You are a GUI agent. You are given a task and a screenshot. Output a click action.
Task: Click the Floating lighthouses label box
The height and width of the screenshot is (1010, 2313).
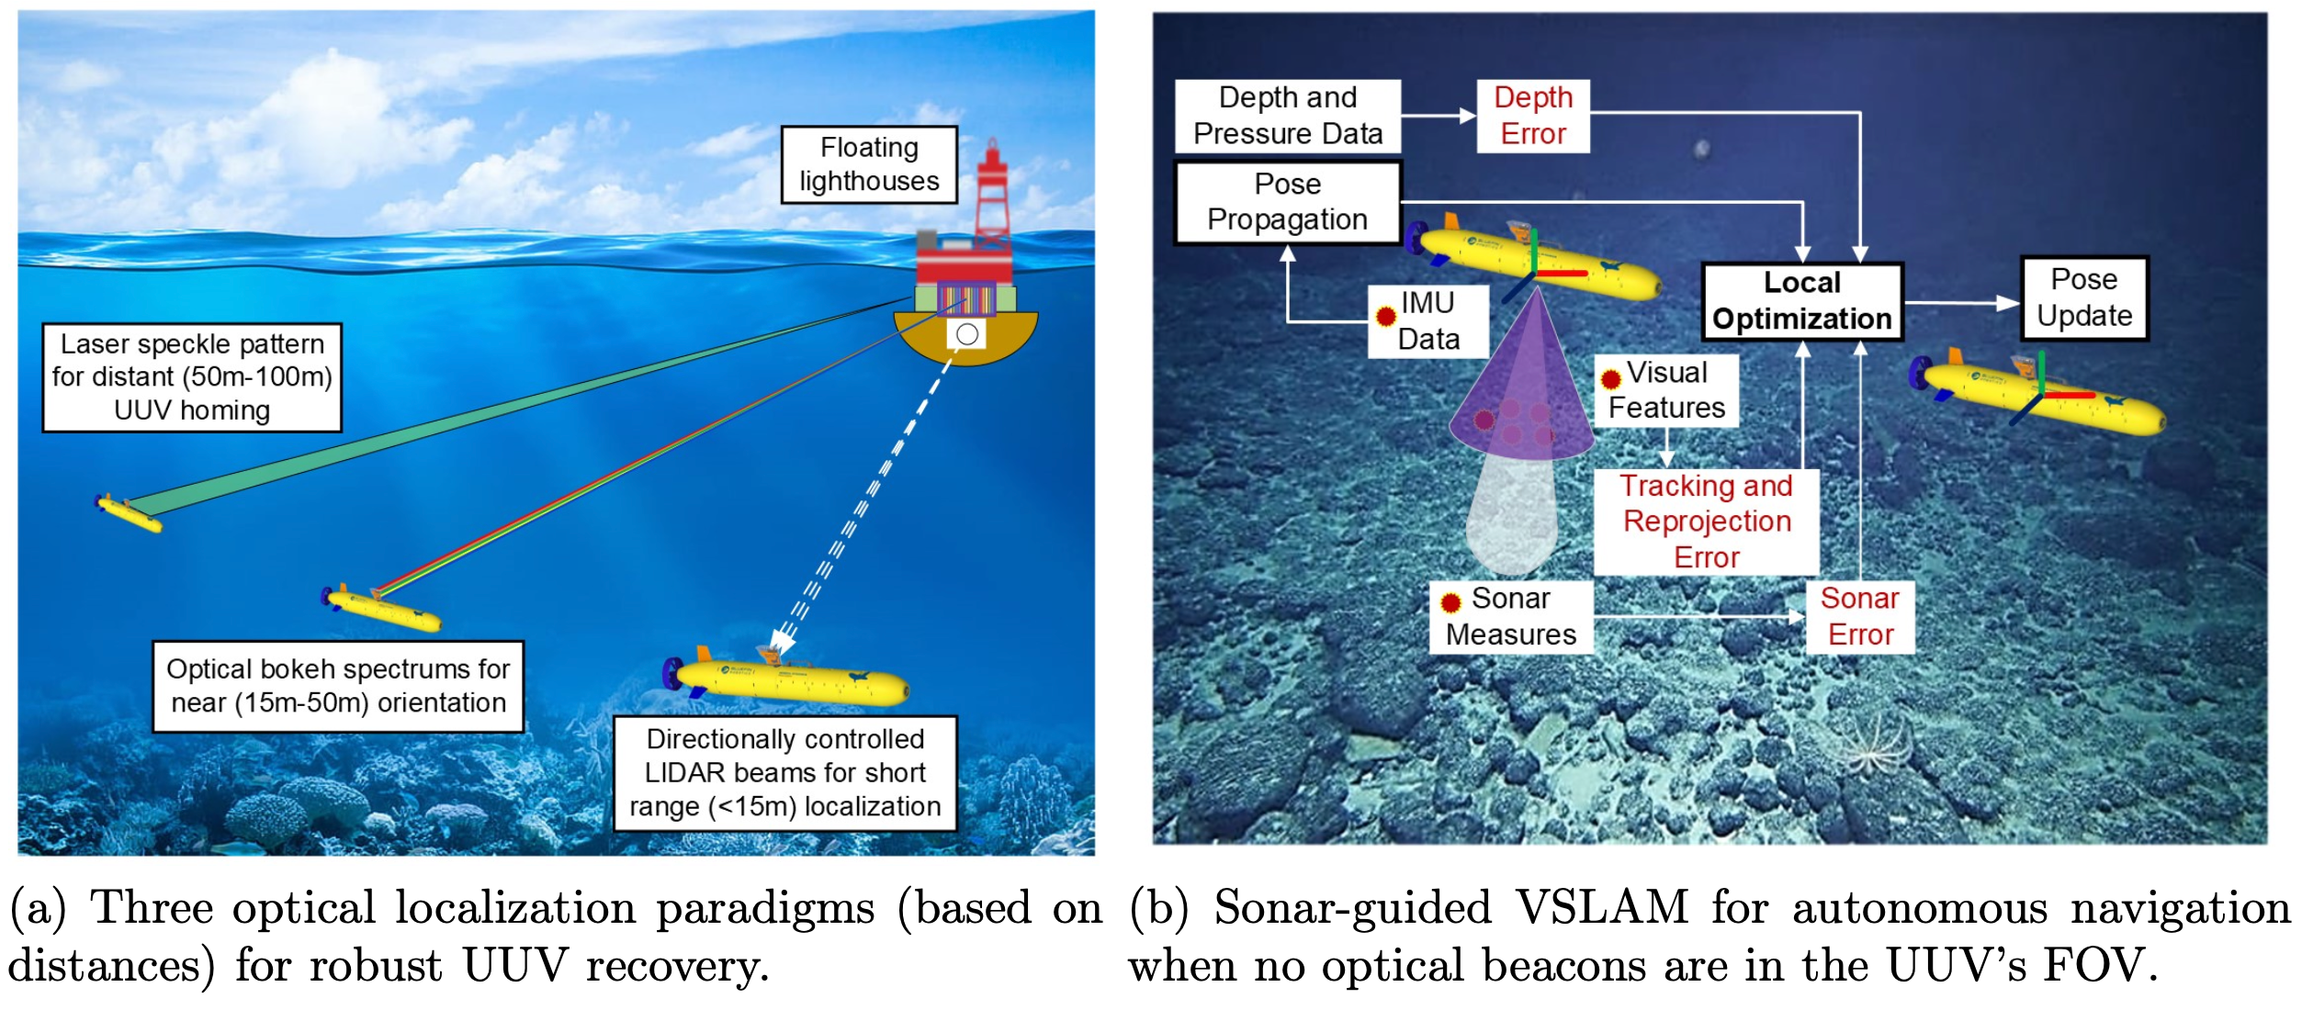pyautogui.click(x=869, y=164)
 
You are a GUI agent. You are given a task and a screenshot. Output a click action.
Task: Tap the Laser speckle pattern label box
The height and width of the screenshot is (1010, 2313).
pyautogui.click(x=192, y=377)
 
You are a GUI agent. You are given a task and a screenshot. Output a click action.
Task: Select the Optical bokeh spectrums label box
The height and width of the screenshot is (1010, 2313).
pyautogui.click(x=338, y=686)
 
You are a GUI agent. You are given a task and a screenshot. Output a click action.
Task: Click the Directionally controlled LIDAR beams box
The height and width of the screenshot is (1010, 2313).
pyautogui.click(x=785, y=773)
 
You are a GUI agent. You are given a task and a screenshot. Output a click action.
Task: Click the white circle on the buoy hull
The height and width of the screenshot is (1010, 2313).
pyautogui.click(x=967, y=334)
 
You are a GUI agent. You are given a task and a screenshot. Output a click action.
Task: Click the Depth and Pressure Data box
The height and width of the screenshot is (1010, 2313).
pyautogui.click(x=1287, y=116)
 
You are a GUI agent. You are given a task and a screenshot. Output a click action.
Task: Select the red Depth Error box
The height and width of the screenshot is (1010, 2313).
pyautogui.click(x=1533, y=116)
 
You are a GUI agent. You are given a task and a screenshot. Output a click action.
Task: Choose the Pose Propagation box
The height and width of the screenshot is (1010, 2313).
pyautogui.click(x=1287, y=202)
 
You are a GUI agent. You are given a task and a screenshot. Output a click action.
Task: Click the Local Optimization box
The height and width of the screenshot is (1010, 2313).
pyautogui.click(x=1801, y=301)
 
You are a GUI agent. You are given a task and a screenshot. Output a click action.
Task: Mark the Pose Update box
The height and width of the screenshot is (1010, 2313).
pyautogui.click(x=2084, y=298)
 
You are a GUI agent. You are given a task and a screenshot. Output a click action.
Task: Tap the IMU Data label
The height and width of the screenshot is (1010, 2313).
pyautogui.click(x=1427, y=320)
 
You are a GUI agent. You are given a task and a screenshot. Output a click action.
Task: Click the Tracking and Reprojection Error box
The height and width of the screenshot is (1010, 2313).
pyautogui.click(x=1706, y=522)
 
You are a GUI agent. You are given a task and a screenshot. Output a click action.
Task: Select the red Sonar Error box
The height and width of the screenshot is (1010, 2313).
pyautogui.click(x=1860, y=617)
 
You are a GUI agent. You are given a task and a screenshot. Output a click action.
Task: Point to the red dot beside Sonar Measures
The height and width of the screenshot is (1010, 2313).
pyautogui.click(x=1451, y=603)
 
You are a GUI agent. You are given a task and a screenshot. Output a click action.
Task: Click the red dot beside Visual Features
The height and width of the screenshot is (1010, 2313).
pyautogui.click(x=1611, y=379)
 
